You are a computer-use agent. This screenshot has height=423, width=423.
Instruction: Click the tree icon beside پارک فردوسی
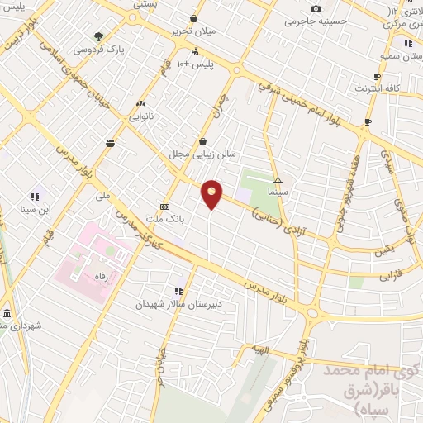click(x=99, y=36)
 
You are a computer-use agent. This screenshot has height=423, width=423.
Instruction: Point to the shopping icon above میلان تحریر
click(x=193, y=18)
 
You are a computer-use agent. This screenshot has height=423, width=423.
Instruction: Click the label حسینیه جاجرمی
click(x=314, y=21)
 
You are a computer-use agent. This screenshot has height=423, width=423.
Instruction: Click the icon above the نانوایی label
click(x=140, y=104)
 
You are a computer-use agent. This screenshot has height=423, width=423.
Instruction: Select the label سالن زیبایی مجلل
click(x=203, y=154)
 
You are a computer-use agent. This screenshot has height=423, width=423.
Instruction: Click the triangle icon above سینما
click(x=278, y=179)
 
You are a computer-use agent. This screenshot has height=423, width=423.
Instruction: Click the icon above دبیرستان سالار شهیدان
click(x=178, y=291)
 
